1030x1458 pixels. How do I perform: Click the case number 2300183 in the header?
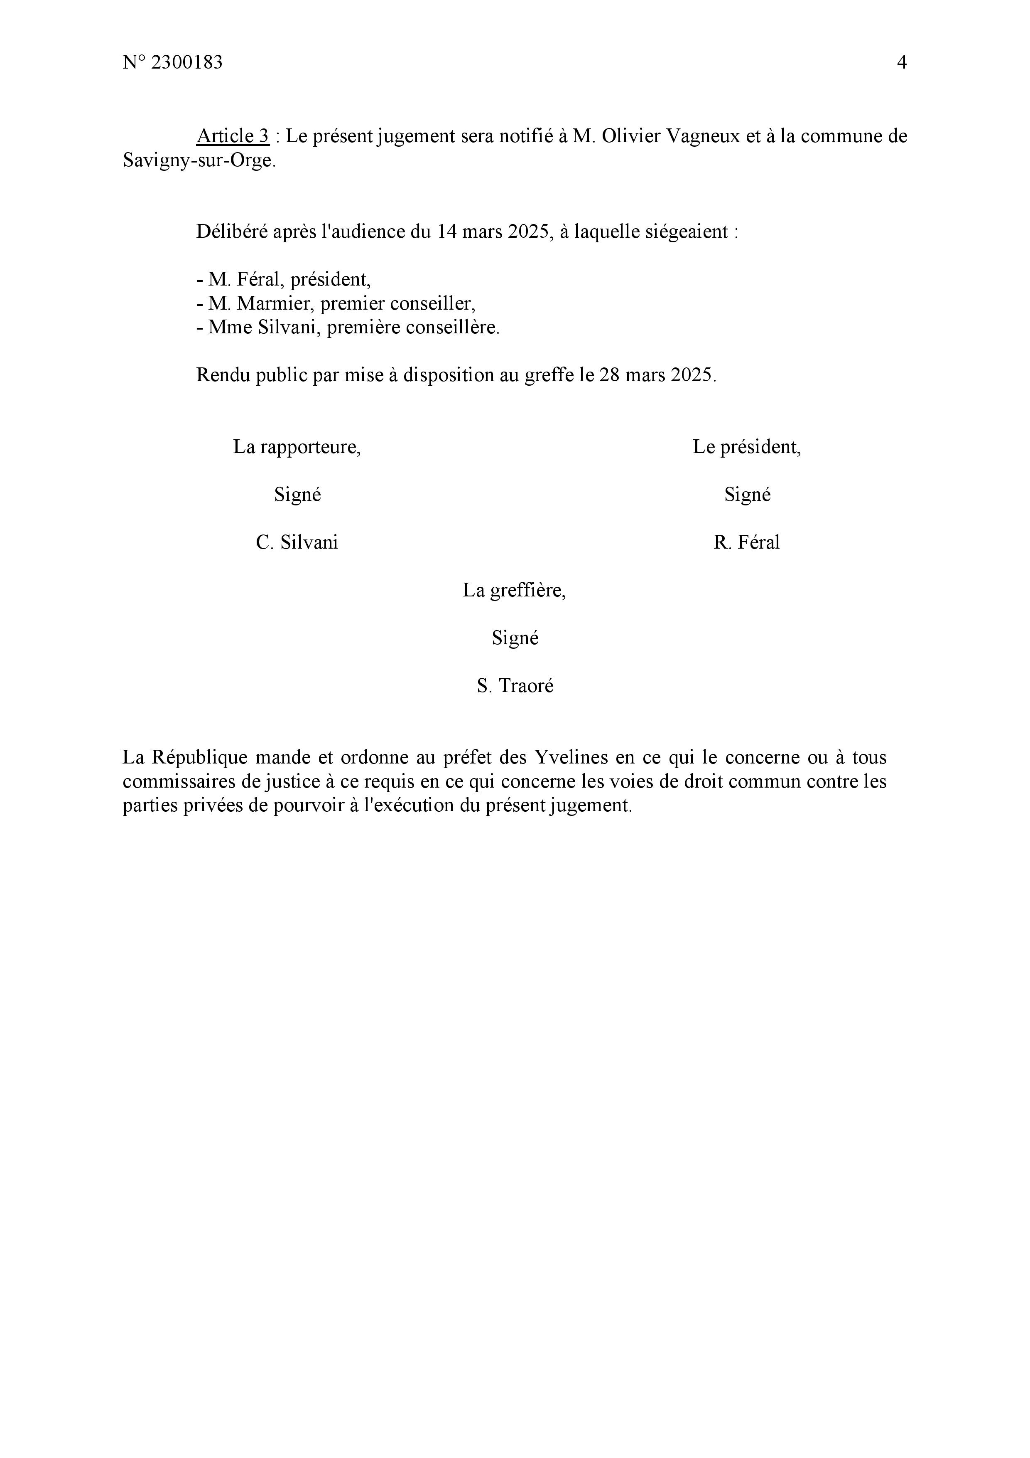(187, 62)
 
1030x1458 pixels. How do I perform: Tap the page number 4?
(901, 62)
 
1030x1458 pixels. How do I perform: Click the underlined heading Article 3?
(233, 136)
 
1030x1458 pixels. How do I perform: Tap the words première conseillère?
(412, 328)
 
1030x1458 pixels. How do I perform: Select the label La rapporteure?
(297, 447)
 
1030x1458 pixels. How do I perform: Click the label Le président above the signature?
(746, 447)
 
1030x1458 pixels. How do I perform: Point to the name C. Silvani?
(297, 542)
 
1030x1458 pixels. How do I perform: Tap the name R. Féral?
(746, 542)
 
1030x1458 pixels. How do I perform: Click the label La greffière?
(514, 591)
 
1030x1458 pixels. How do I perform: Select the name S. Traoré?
(515, 686)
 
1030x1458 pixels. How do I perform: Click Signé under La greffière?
(515, 638)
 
